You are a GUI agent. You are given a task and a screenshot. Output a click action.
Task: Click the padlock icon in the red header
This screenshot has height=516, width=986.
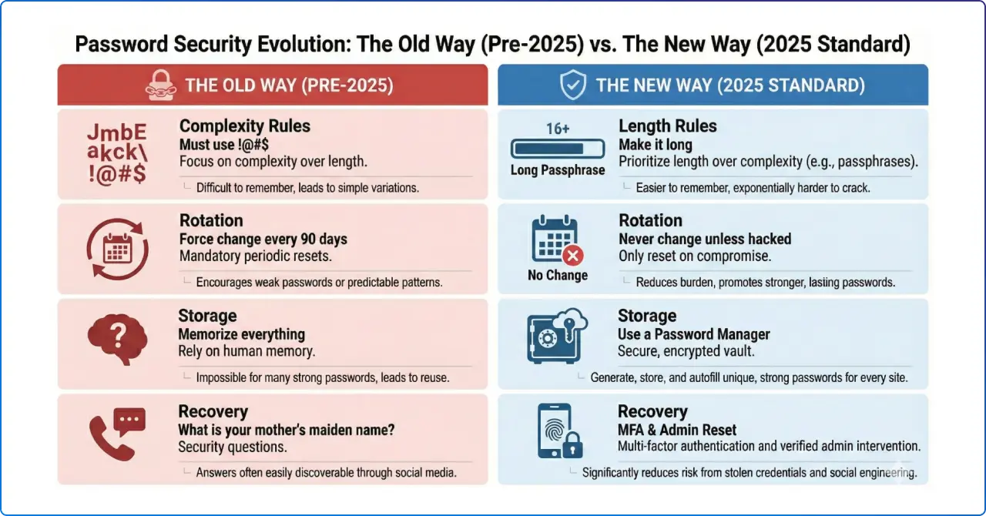coord(161,85)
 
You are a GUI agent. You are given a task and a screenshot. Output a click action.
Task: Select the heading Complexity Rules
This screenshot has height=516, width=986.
coord(244,126)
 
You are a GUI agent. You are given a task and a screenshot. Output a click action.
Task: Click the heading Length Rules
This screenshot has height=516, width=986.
coord(667,126)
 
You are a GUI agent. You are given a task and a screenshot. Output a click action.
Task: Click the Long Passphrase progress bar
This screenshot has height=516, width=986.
coord(557,149)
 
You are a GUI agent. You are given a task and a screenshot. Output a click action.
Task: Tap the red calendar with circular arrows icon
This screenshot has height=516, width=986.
coord(117,248)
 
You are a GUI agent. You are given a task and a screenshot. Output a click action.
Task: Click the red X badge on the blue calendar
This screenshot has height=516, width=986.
coord(574,256)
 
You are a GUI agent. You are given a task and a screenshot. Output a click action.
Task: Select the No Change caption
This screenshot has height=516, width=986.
coord(558,275)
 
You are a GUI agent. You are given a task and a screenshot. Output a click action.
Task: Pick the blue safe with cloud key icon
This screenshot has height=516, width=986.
coord(557,337)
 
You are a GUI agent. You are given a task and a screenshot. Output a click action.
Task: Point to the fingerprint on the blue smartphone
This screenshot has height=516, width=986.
coord(552,432)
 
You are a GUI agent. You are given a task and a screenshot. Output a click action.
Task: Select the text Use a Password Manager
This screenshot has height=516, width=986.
coord(693,334)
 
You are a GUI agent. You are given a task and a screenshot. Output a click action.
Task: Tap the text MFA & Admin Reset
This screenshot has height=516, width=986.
coord(677,430)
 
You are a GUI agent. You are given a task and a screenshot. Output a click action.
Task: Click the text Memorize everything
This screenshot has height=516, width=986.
coord(241,334)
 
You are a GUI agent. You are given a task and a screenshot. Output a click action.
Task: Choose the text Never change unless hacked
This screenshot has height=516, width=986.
coord(705,239)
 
